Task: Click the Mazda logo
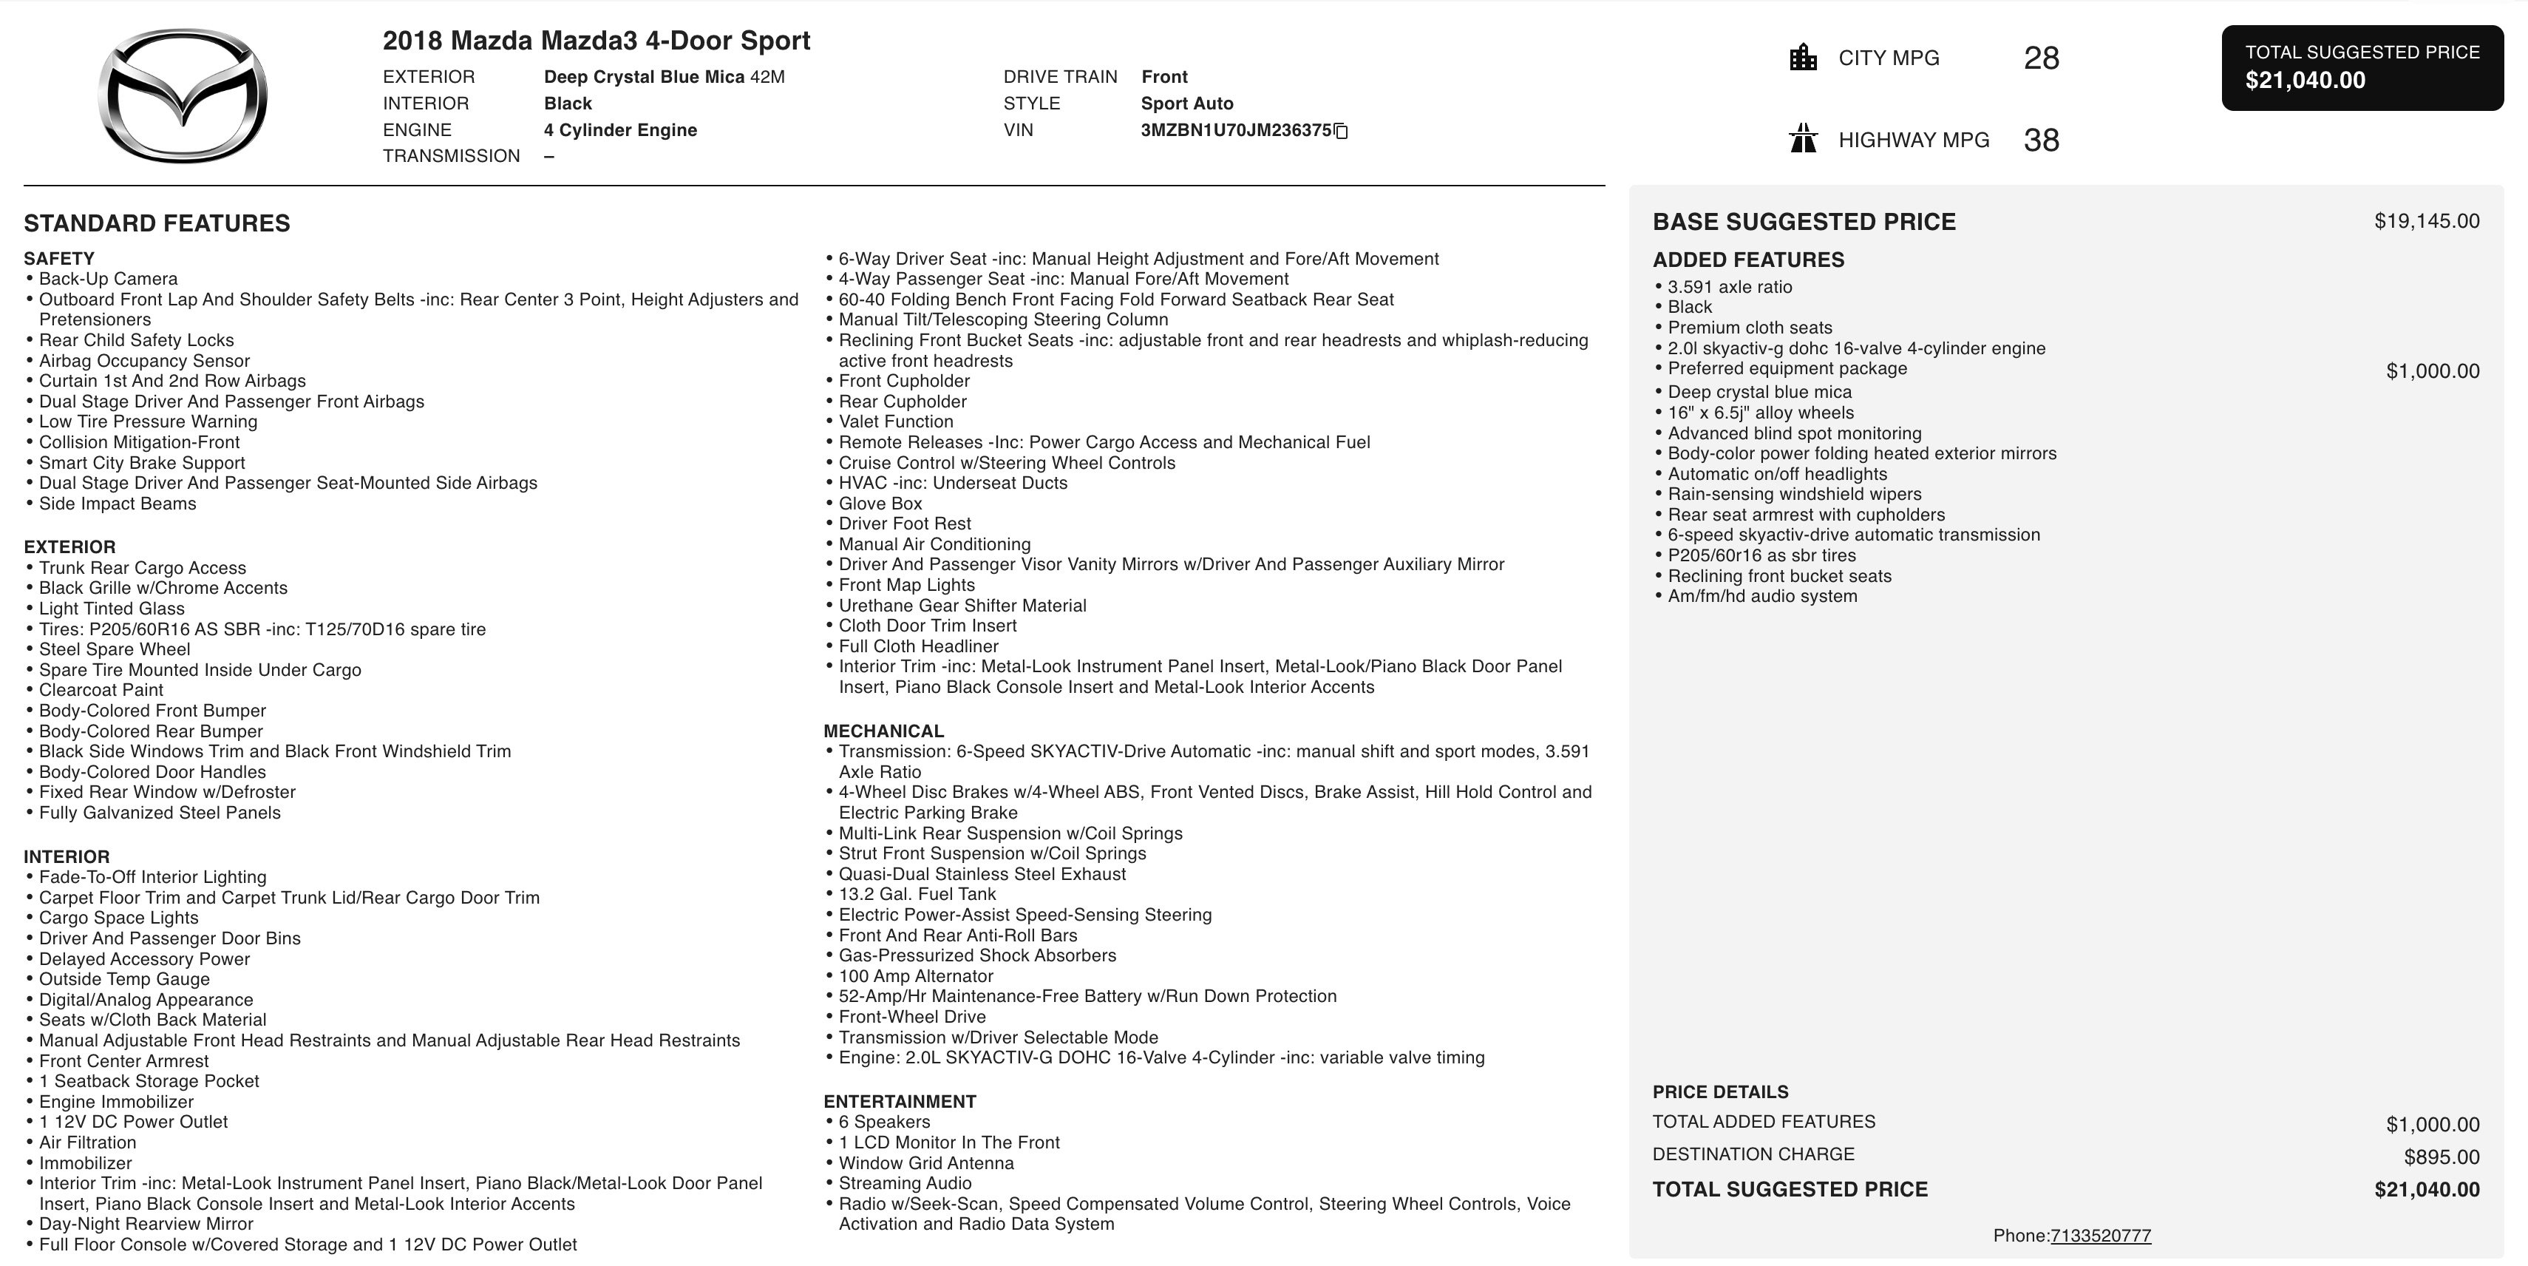[183, 95]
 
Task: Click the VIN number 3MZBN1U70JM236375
[1235, 131]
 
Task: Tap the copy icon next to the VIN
[1342, 132]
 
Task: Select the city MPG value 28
[2041, 58]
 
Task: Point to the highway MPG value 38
[2041, 141]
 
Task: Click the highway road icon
[1803, 138]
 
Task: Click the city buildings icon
[1803, 57]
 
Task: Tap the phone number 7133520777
[2100, 1236]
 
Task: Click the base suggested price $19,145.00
[2426, 221]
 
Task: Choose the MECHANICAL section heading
[883, 731]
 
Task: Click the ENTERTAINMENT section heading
[899, 1101]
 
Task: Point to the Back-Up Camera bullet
[108, 279]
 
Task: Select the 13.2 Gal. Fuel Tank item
[917, 894]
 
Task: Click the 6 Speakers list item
[883, 1122]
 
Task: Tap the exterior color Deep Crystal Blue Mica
[644, 77]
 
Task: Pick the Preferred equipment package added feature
[1787, 369]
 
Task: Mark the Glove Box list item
[880, 504]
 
